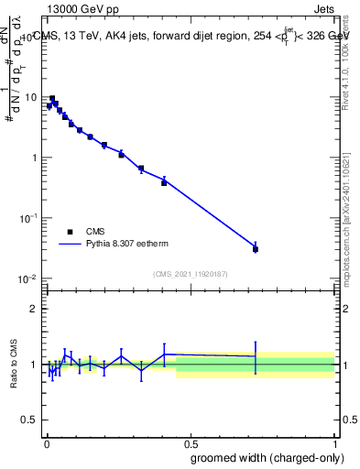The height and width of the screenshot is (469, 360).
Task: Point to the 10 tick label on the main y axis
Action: pyautogui.click(x=31, y=97)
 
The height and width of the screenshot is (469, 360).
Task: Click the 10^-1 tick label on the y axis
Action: pyautogui.click(x=29, y=218)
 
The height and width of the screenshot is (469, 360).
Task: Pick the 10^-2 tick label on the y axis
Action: pyautogui.click(x=29, y=278)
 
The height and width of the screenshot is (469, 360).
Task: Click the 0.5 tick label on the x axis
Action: pyautogui.click(x=191, y=442)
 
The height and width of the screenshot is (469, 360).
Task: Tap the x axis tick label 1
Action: pyautogui.click(x=334, y=442)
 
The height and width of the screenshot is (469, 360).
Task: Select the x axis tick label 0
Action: pyautogui.click(x=47, y=442)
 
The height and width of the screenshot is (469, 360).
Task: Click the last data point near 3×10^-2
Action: pyautogui.click(x=256, y=249)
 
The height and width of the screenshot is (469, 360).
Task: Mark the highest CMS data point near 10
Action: pyautogui.click(x=52, y=98)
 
